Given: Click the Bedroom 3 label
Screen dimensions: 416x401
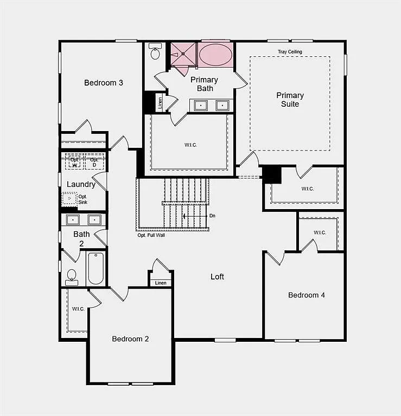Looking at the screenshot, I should click(x=103, y=83).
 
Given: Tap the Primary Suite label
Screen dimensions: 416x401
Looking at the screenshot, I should click(x=290, y=100).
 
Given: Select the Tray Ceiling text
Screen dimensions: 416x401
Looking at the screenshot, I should click(x=290, y=52).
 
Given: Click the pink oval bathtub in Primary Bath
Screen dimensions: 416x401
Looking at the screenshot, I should click(x=215, y=55).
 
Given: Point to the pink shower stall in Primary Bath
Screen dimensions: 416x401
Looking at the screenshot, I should click(x=182, y=54).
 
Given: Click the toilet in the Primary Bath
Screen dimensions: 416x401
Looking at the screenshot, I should click(x=155, y=53).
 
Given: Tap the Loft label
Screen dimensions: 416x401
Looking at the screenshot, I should click(x=217, y=277).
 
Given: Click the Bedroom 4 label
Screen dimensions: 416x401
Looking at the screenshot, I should click(x=307, y=295).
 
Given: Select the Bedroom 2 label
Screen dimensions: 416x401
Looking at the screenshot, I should click(x=130, y=339).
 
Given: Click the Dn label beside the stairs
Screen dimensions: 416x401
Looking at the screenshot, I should click(x=212, y=216).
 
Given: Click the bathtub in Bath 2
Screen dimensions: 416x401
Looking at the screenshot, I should click(x=96, y=268).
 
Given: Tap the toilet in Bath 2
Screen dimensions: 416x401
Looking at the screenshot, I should click(x=72, y=277).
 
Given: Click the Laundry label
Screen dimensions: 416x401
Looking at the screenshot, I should click(x=81, y=184).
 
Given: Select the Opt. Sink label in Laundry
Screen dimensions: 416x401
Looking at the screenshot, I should click(x=82, y=199).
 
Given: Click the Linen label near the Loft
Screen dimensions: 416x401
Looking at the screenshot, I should click(x=161, y=283).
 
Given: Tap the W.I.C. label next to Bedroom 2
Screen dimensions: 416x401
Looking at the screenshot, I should click(x=78, y=309).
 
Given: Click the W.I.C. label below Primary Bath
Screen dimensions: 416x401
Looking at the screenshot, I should click(x=190, y=145).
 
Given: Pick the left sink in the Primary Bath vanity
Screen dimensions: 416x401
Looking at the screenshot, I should click(x=201, y=105).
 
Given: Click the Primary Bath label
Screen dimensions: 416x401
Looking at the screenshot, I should click(x=204, y=84).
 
